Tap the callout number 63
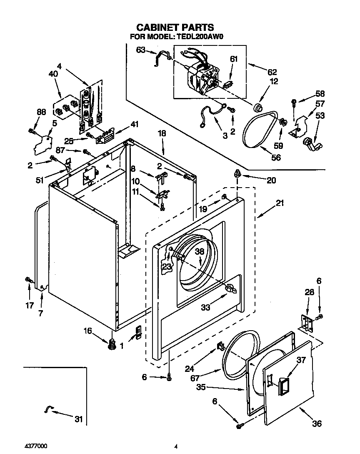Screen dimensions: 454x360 pyautogui.click(x=140, y=50)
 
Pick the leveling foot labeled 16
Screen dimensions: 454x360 pyautogui.click(x=111, y=344)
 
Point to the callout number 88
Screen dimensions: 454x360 pyautogui.click(x=41, y=112)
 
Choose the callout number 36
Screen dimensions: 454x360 pyautogui.click(x=317, y=424)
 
